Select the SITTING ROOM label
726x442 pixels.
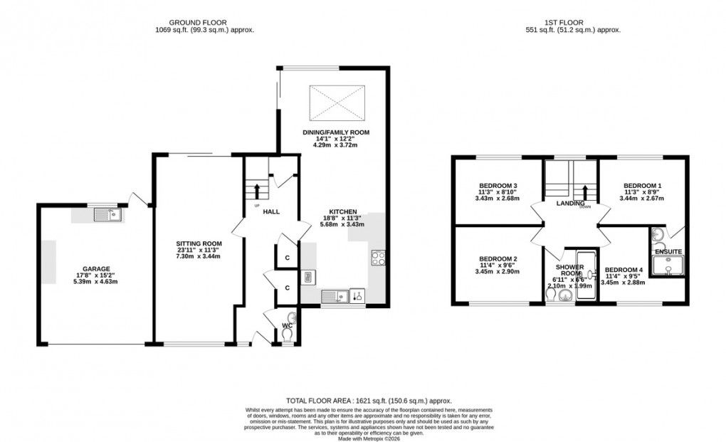pyautogui.click(x=199, y=243)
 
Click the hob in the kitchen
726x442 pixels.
pyautogui.click(x=377, y=258)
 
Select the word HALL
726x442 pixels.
pyautogui.click(x=270, y=212)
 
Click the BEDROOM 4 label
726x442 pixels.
pyautogui.click(x=624, y=270)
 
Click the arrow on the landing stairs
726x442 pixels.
pyautogui.click(x=585, y=192)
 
